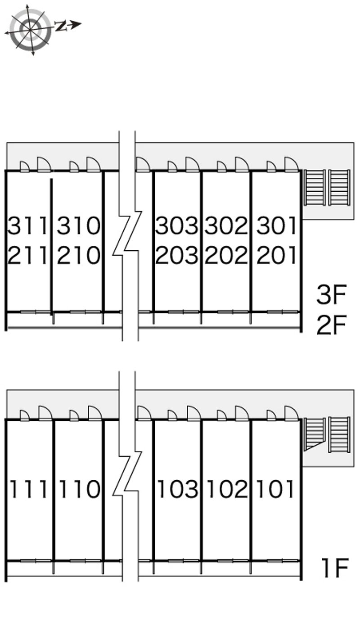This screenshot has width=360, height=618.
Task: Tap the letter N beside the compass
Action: pos(60,26)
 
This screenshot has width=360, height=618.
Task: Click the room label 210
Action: pos(78,256)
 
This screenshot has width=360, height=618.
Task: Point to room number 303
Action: pos(177,226)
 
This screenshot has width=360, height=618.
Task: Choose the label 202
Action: pos(226,256)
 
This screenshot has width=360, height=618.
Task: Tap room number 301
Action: pos(276,226)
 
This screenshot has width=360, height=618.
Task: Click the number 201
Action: pos(276,256)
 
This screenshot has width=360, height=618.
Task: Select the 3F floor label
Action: pos(331,296)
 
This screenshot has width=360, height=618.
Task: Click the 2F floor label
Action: pos(331,326)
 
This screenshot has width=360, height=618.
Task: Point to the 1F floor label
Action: pos(334,568)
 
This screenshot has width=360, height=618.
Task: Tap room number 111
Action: pos(28,489)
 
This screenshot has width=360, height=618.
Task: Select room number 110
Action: pos(78,489)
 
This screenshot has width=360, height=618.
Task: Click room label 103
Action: pos(177,489)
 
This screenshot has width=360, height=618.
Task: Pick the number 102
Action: pos(226,489)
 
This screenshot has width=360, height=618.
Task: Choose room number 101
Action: pos(275,489)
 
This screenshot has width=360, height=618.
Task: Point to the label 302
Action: pos(226,226)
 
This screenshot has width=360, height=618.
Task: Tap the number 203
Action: pos(177,256)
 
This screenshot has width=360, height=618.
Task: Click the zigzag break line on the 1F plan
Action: pos(127,473)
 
